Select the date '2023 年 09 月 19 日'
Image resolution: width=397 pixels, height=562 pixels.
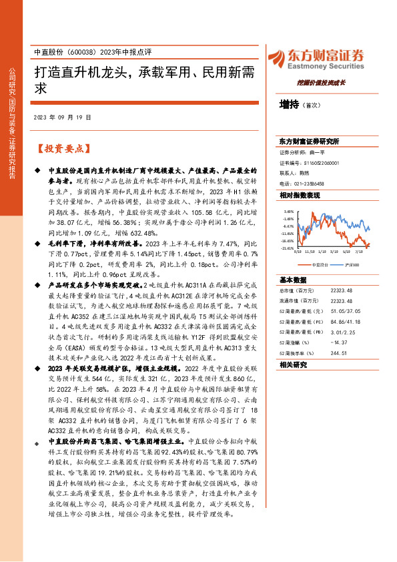coord(61,117)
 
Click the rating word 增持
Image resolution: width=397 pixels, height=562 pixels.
coord(289,104)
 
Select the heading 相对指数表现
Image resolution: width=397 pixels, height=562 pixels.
coord(300,194)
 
